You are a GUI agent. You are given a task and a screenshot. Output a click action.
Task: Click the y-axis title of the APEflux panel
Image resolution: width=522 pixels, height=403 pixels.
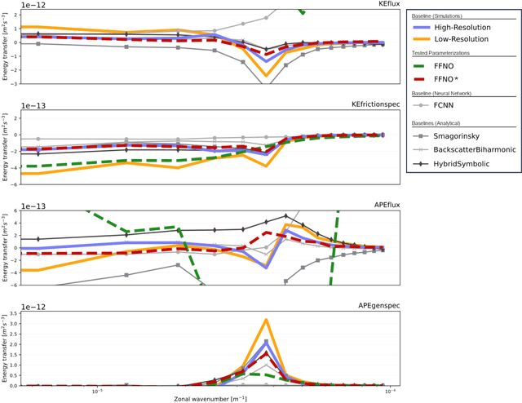[5, 247]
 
